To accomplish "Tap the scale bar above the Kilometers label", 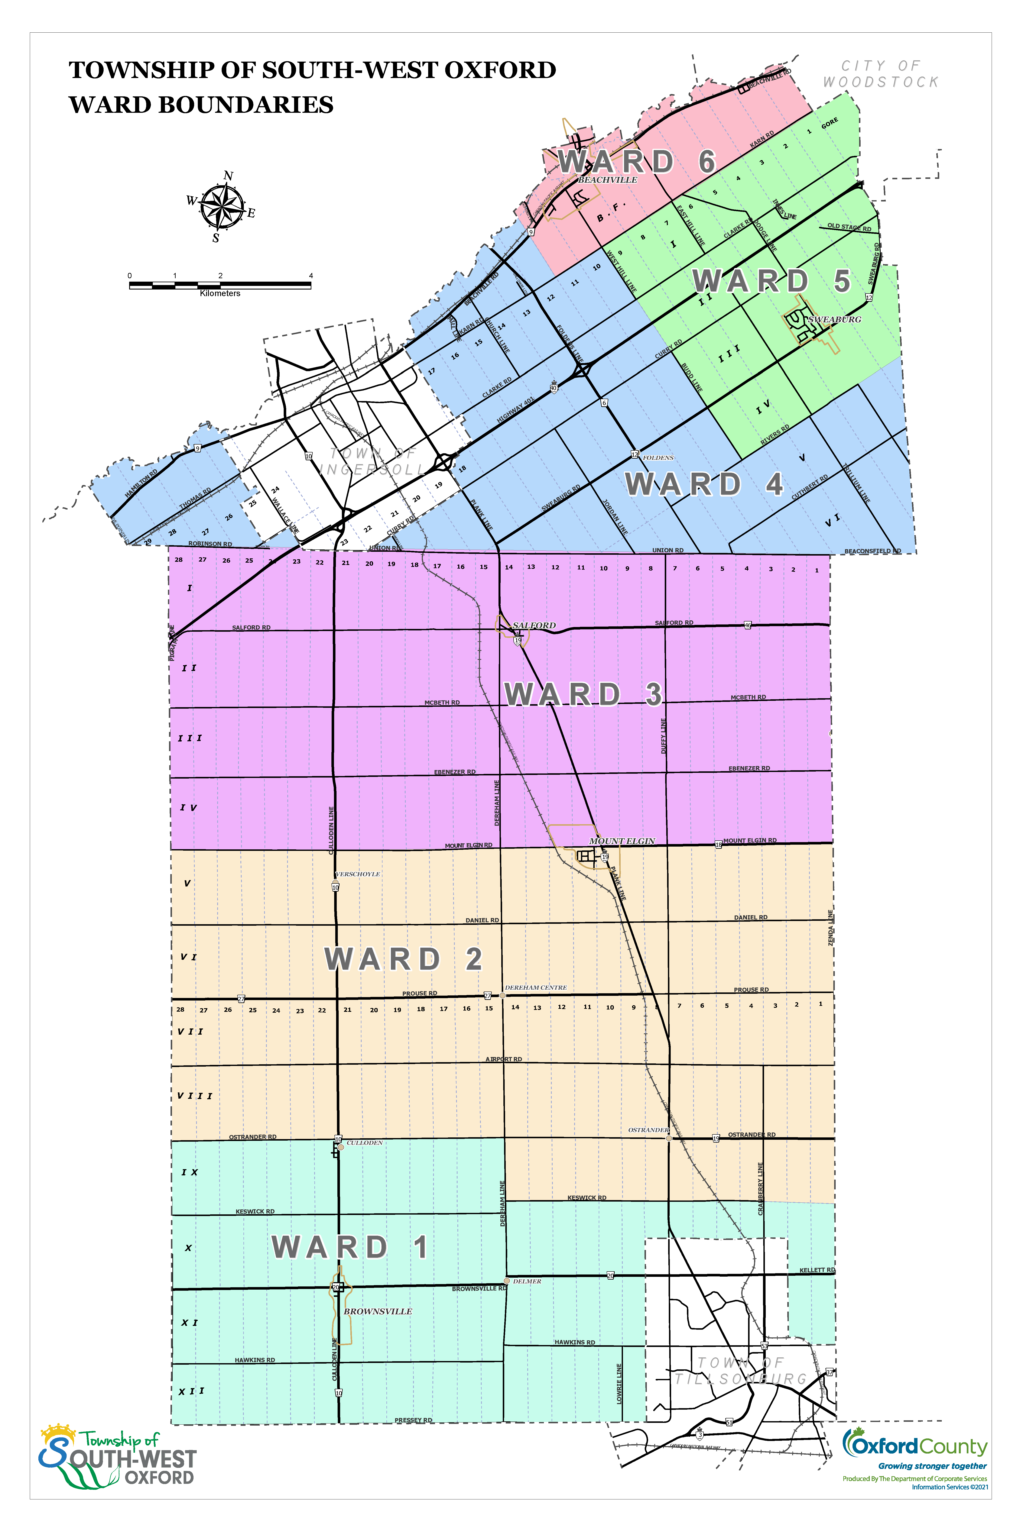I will (220, 285).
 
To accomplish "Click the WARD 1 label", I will (350, 1247).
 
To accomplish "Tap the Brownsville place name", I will (378, 1311).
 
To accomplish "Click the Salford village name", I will (534, 625).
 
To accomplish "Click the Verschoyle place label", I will (358, 874).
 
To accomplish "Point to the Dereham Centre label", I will (536, 988).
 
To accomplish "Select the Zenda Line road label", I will (831, 927).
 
